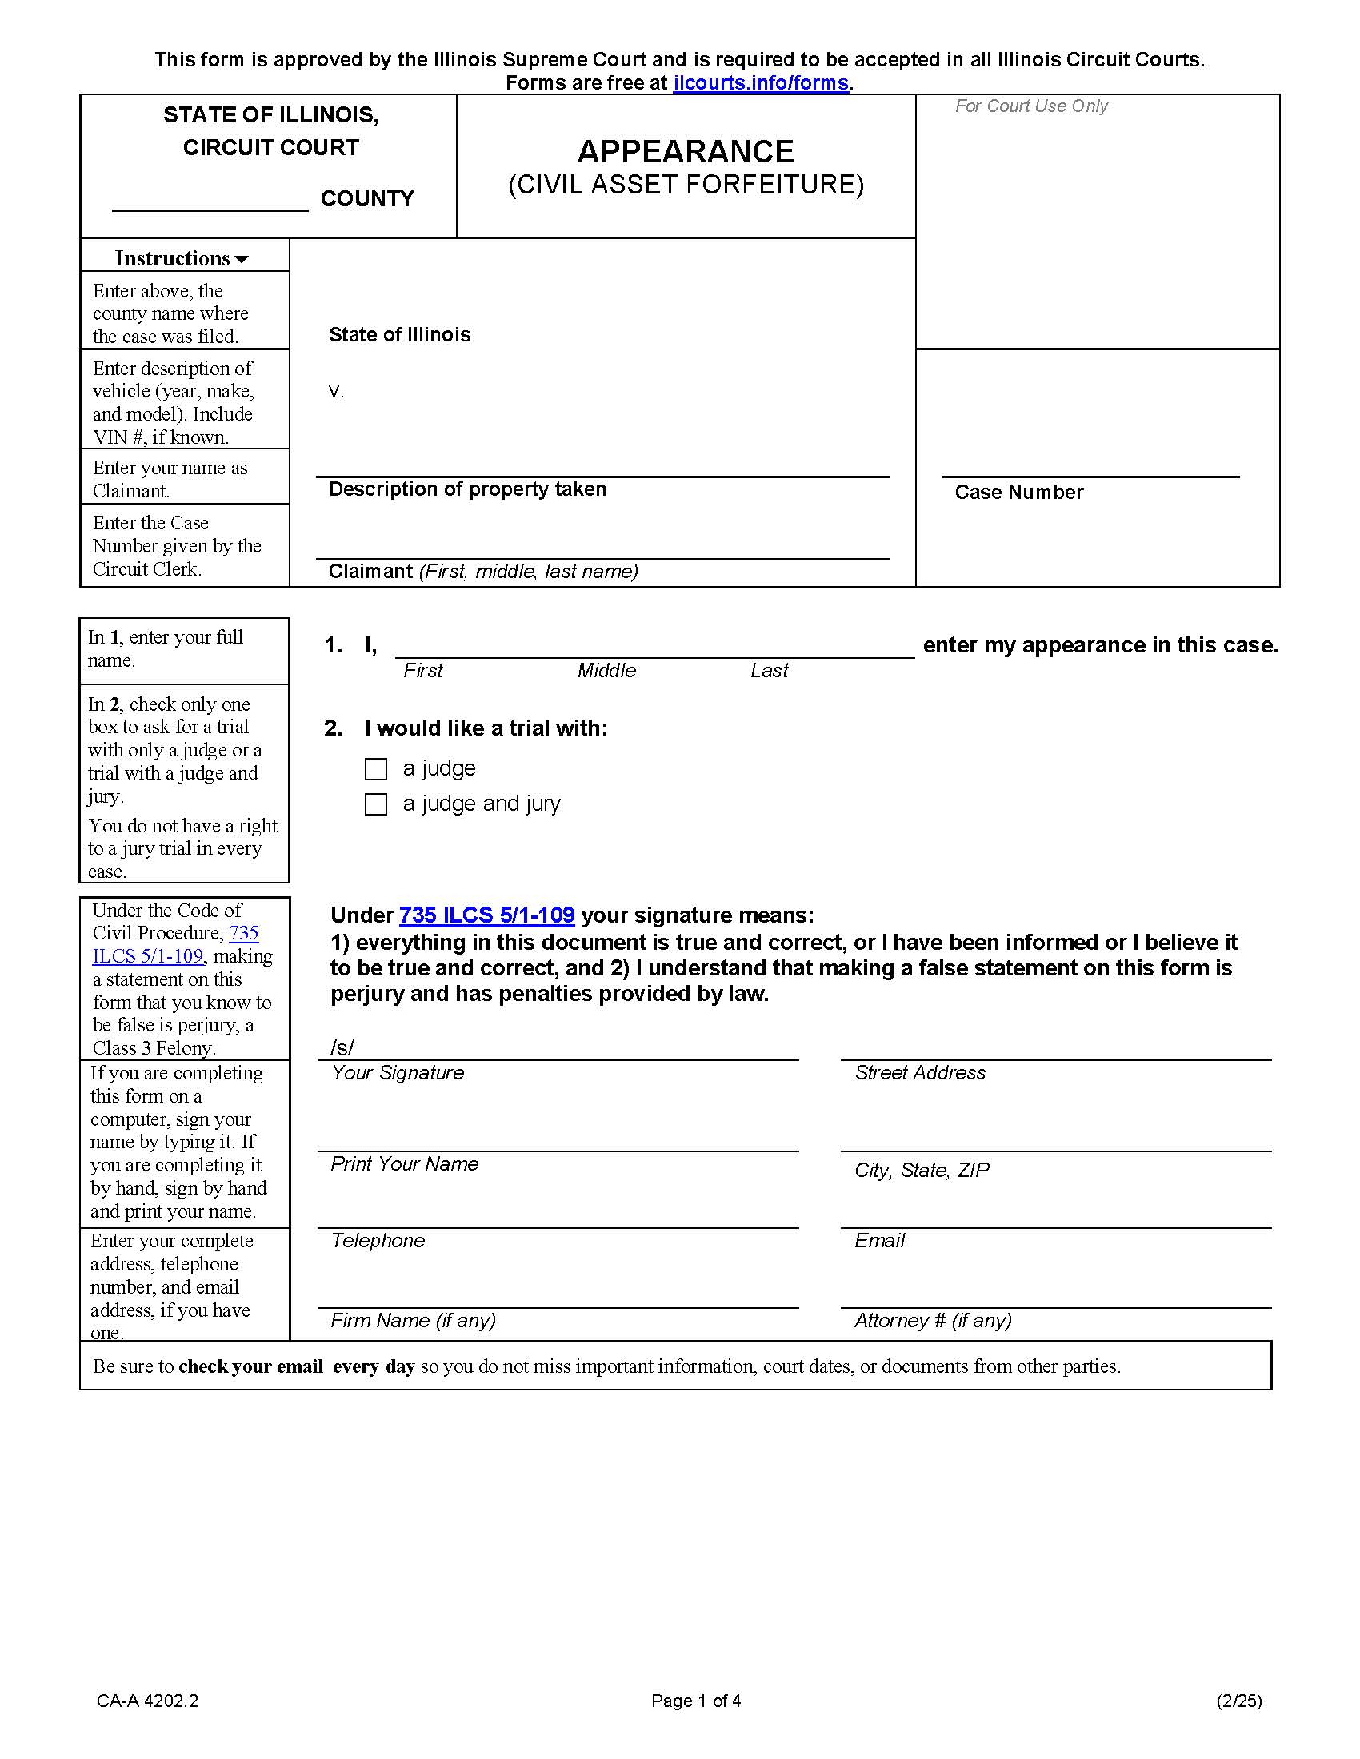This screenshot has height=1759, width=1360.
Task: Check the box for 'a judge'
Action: pos(375,769)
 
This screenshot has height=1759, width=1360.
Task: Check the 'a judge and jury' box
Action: pos(375,804)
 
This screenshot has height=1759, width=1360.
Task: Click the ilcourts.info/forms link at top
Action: pos(761,83)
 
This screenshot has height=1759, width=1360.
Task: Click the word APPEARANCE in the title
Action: pos(686,151)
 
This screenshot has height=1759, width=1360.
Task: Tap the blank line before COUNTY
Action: pos(210,200)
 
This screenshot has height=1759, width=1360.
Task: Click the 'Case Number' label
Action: pos(1018,492)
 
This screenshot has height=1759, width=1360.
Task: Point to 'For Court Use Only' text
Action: pos(1031,106)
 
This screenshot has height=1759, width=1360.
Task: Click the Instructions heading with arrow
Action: pos(182,257)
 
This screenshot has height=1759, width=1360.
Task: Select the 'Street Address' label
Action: pos(920,1073)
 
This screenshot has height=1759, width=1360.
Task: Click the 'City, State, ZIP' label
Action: pos(922,1171)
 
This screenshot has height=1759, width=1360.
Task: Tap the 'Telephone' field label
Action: pos(377,1240)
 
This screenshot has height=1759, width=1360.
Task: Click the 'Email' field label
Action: pos(879,1240)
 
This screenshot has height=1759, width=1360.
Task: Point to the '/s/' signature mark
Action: pos(342,1047)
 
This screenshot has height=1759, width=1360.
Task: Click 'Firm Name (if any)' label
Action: pos(413,1320)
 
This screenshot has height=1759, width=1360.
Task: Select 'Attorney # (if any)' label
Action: pos(933,1320)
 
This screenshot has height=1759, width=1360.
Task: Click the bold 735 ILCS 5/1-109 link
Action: pos(486,915)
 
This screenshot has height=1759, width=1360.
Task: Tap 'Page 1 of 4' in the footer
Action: pos(696,1701)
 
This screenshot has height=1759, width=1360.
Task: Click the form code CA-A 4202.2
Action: pos(147,1701)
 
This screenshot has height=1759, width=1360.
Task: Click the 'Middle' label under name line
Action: pos(606,671)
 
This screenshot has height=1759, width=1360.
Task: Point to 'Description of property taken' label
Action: pos(467,489)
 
